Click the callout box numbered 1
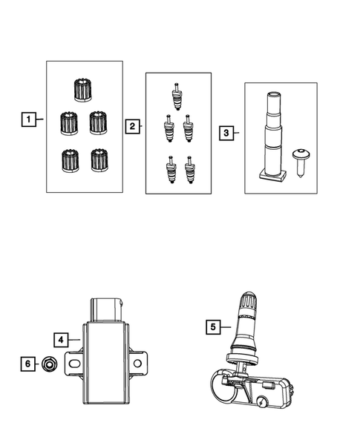pos(27,119)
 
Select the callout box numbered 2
pos(131,127)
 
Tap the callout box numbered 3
pos(226,134)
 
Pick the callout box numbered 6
pos(27,364)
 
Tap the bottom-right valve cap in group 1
pos(96,159)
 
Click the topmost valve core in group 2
pos(177,93)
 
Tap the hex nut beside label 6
pos(48,364)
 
